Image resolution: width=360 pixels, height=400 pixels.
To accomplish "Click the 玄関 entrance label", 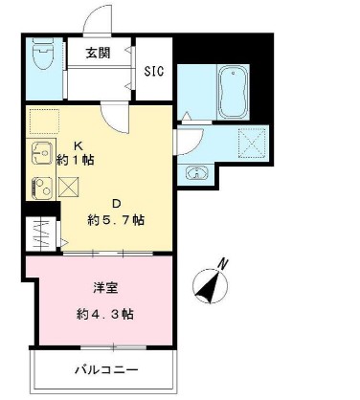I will point(100,53).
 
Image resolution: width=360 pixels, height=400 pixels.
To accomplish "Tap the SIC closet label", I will point(154,70).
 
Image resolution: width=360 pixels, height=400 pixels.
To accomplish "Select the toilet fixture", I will point(42,56).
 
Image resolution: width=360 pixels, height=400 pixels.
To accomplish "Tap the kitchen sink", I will point(41,152).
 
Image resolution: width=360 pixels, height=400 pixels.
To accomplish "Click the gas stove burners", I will point(42,186).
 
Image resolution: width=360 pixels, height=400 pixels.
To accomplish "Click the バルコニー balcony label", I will point(107,369).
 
